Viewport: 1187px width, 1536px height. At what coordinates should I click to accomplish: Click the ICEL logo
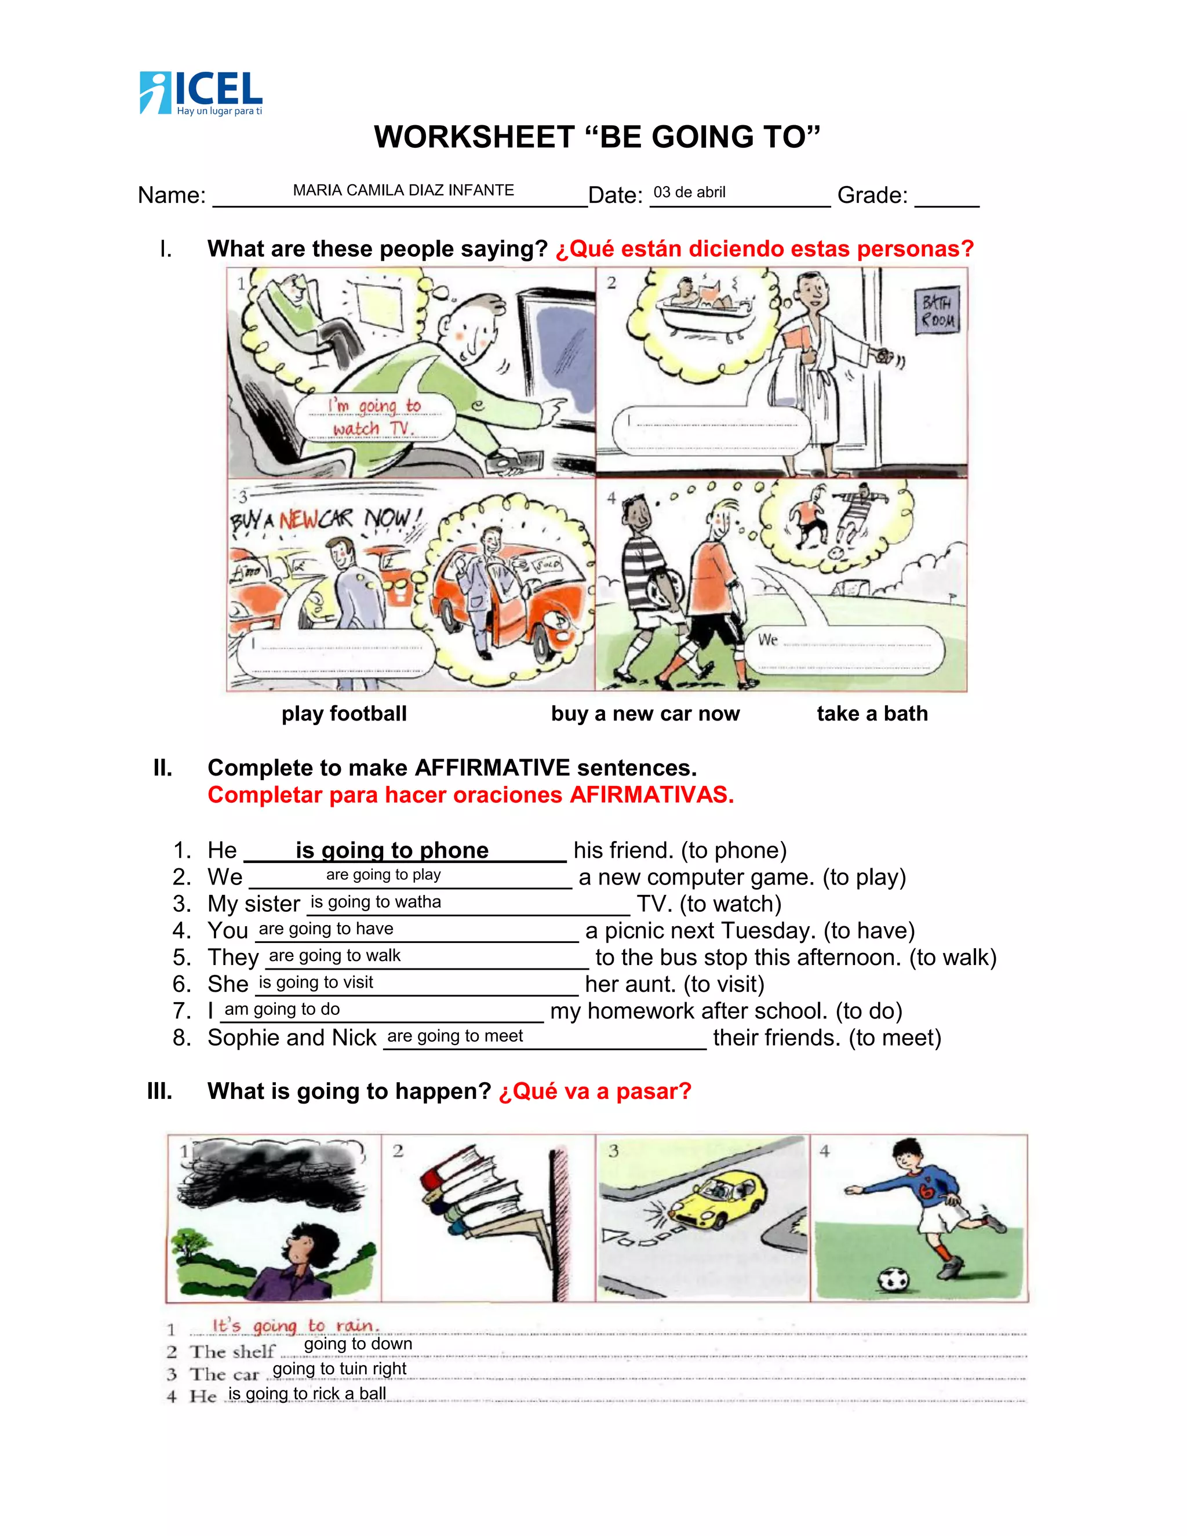[201, 93]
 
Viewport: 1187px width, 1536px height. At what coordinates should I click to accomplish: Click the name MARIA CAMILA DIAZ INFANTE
[403, 191]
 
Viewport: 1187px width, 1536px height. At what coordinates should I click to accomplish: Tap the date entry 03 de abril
[689, 192]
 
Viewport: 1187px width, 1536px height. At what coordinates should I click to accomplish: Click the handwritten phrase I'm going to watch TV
[373, 417]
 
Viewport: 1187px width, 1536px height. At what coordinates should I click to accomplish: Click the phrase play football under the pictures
[344, 714]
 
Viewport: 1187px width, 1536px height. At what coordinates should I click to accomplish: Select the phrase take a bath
[872, 714]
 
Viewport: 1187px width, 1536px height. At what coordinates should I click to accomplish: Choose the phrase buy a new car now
[645, 714]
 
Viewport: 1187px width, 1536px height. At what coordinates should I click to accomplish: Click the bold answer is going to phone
[392, 850]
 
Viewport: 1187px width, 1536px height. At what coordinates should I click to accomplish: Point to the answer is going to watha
[376, 902]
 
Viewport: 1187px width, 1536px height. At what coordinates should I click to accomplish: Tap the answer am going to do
[282, 1009]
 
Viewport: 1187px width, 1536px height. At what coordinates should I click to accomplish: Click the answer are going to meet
[455, 1036]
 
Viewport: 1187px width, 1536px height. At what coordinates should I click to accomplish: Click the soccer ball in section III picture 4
[894, 1278]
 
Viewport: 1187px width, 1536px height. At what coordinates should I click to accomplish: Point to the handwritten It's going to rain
[296, 1326]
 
